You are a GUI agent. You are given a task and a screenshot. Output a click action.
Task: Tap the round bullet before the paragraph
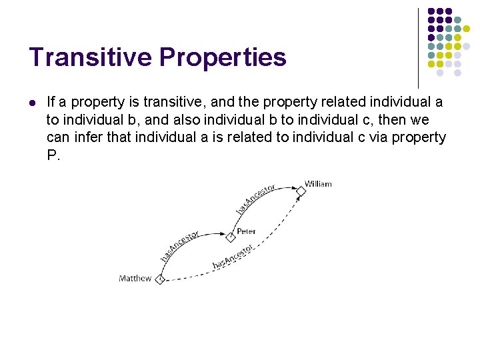coord(33,103)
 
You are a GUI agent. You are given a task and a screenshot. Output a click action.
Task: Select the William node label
coord(319,184)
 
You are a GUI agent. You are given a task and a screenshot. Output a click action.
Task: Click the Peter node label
coord(246,231)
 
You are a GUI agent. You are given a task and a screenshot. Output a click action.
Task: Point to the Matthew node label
coord(135,278)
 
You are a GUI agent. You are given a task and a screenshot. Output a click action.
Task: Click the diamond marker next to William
coord(301,191)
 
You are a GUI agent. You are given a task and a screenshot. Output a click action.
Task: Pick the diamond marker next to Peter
coord(231,237)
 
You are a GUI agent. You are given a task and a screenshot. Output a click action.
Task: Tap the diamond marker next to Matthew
coord(159,279)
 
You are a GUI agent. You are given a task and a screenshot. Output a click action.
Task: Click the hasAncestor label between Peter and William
coord(255,199)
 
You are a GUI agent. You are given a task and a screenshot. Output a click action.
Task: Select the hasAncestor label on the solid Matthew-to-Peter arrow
coord(179,246)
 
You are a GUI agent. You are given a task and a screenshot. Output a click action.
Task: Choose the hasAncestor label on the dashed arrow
coord(233,257)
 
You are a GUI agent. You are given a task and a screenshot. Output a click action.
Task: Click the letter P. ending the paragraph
coord(53,155)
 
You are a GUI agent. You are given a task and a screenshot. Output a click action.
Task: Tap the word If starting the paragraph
coord(51,102)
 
